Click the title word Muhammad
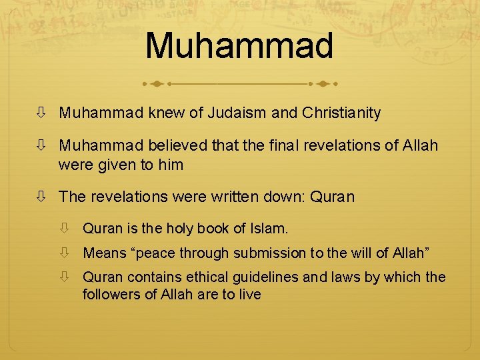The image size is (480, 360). tap(239, 45)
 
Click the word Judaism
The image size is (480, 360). tap(237, 113)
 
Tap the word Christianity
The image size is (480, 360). tap(341, 113)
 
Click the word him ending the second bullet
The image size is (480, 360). tap(170, 164)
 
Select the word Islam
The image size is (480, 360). tap(269, 229)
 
